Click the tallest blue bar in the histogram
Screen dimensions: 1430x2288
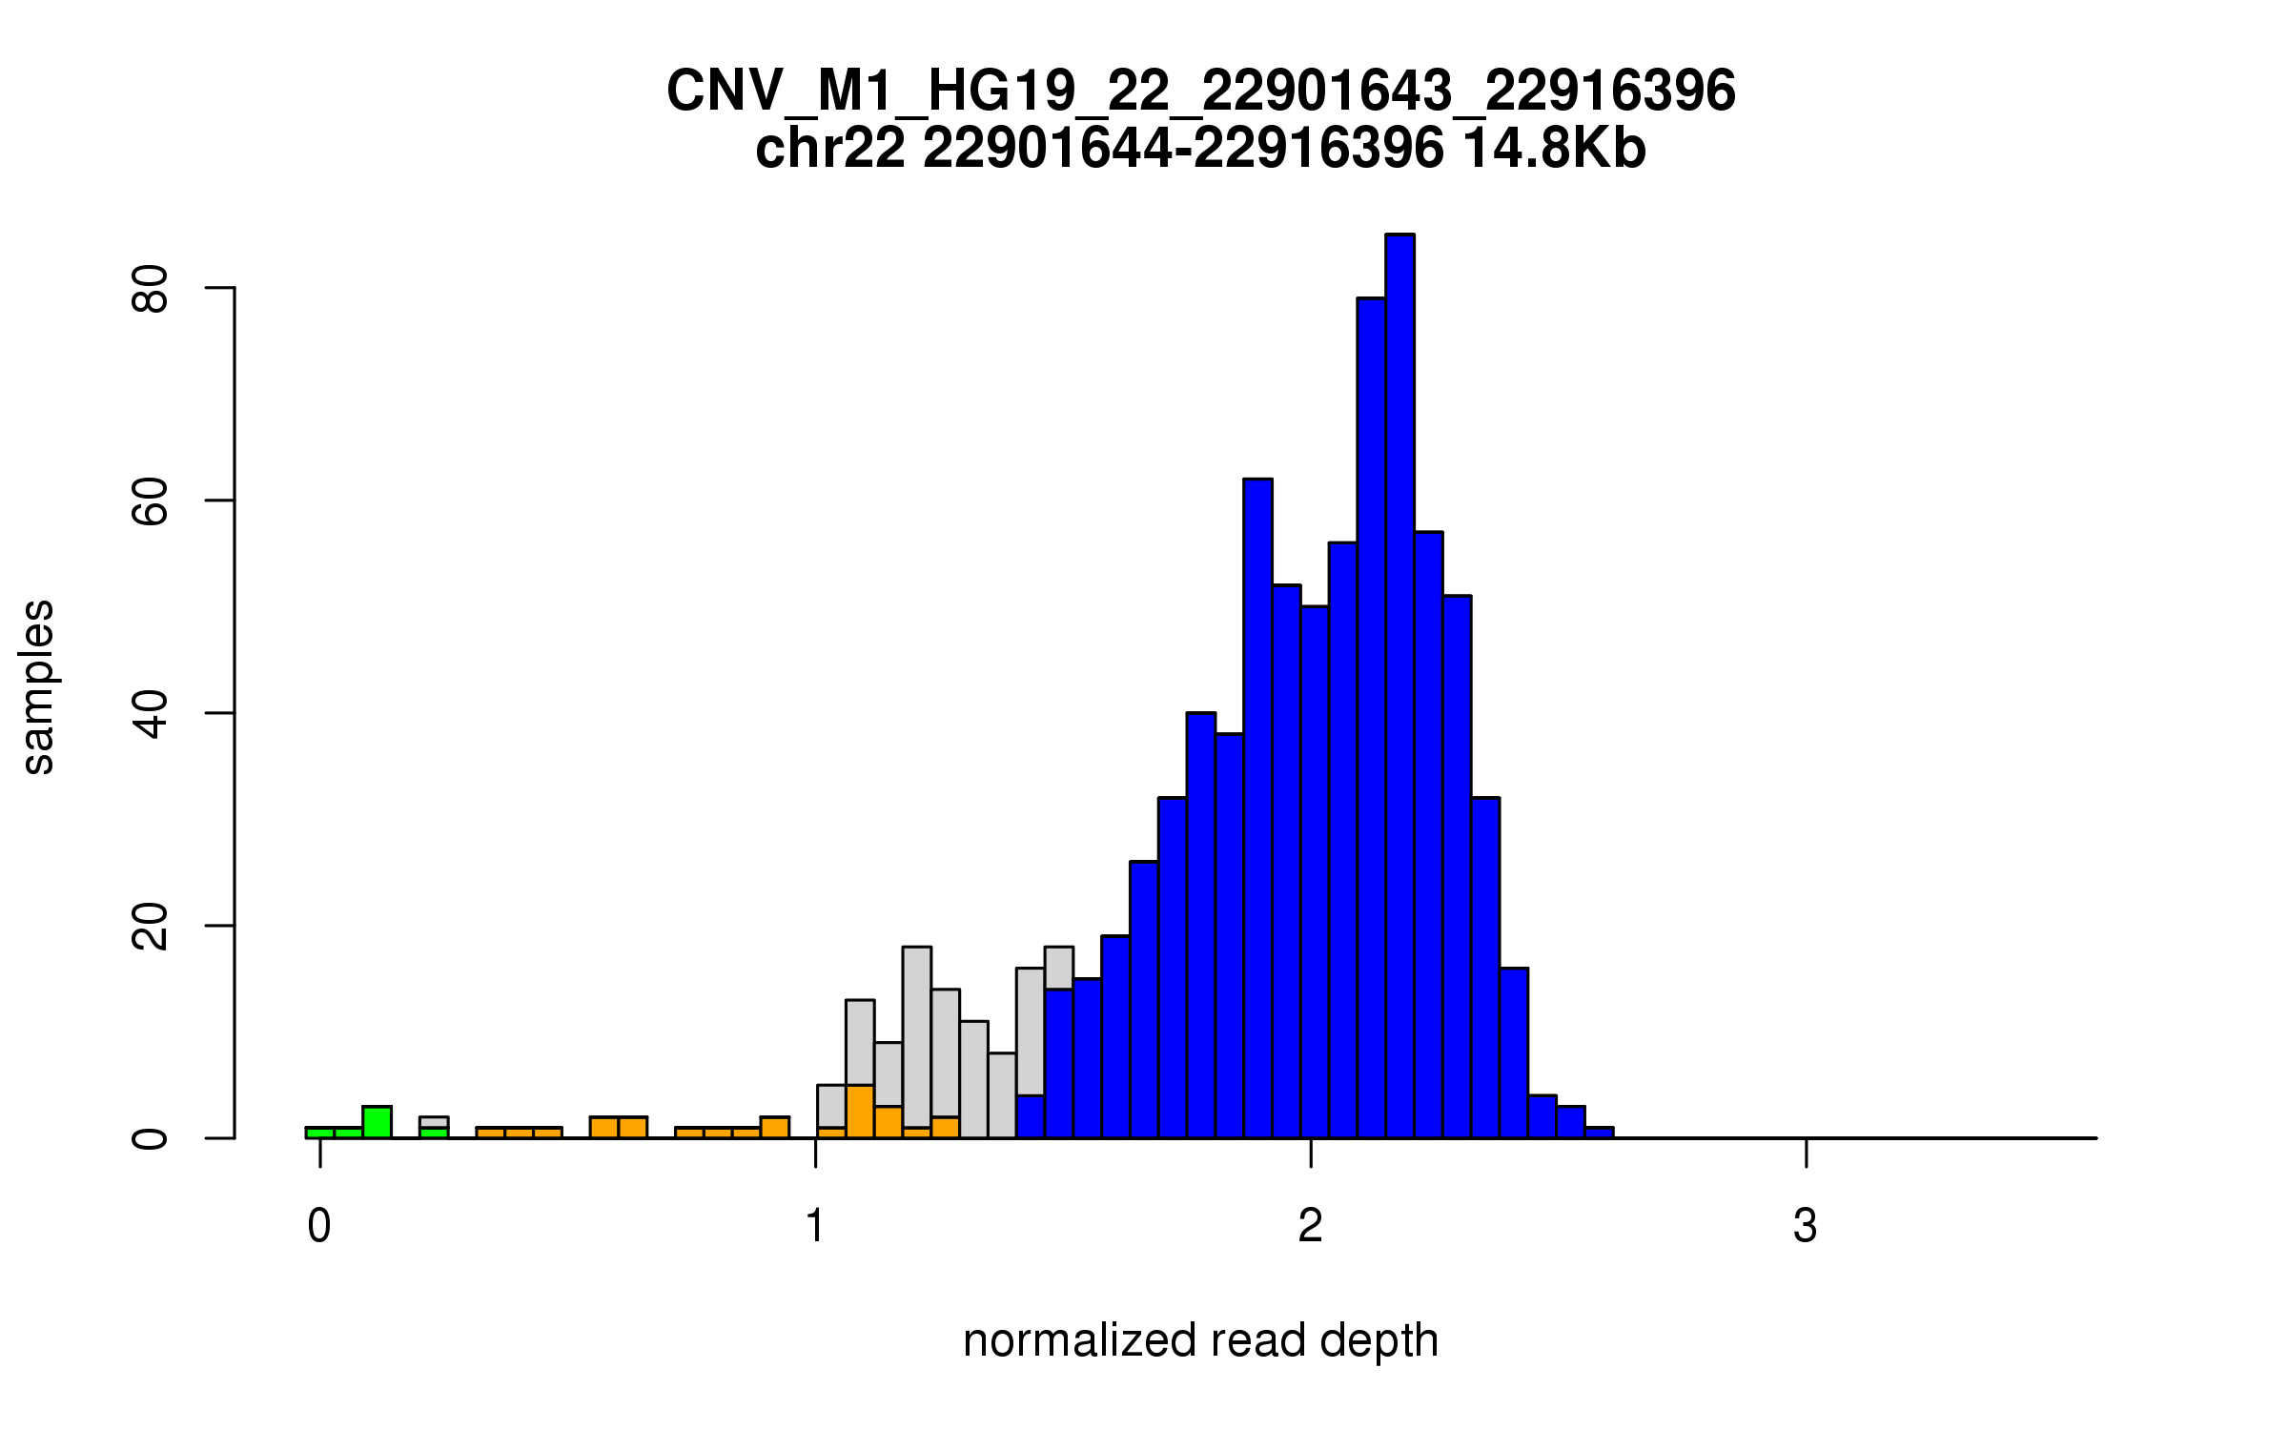tap(1399, 686)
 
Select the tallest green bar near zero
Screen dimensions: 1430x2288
tap(377, 1122)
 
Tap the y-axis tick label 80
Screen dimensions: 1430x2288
tap(151, 288)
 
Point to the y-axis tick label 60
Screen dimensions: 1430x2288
tap(151, 500)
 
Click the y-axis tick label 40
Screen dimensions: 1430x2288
tap(151, 713)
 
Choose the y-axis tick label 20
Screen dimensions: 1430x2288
tap(151, 926)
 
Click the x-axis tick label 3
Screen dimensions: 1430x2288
tap(1805, 1226)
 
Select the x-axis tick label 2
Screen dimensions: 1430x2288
tap(1311, 1226)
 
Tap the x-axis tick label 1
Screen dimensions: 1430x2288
tap(815, 1226)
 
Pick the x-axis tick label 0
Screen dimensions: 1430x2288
tap(319, 1226)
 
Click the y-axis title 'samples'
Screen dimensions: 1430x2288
tap(38, 686)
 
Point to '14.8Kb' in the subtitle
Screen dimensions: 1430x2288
tap(1554, 149)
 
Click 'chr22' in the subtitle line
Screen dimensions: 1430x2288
tap(829, 149)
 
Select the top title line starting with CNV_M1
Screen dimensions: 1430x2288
tap(1201, 91)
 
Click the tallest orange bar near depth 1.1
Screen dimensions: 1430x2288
tap(860, 1112)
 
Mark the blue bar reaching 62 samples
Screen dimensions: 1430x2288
tap(1257, 810)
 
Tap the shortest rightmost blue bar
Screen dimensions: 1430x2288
tap(1599, 1133)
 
